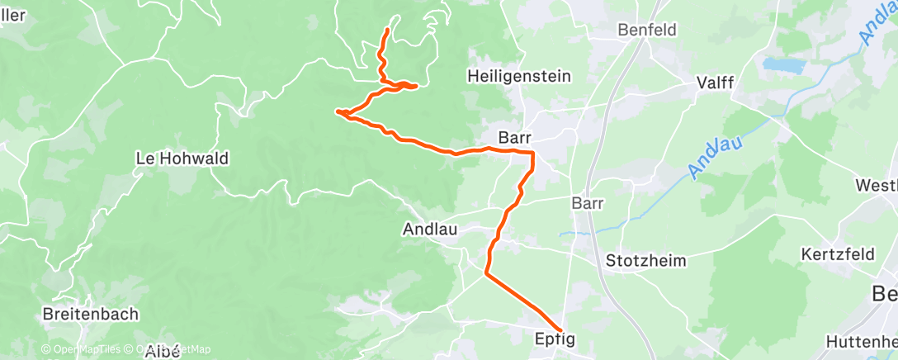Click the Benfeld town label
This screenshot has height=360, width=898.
coord(648,30)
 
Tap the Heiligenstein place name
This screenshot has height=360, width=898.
coord(519,76)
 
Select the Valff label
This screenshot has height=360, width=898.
coord(716,82)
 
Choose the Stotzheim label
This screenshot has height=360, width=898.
coord(645,260)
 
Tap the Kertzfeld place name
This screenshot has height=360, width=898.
coord(837,254)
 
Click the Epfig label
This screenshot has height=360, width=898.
coord(554,339)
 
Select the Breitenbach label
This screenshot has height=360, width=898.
coord(91,315)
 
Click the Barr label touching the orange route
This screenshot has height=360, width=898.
coord(515,137)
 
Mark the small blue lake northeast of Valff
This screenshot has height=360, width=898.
coord(781,64)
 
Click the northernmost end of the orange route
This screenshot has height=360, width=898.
coord(387,31)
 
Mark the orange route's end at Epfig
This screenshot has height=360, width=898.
coord(561,331)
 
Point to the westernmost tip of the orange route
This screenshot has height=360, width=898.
coord(338,111)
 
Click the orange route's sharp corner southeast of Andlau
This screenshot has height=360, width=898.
coord(486,273)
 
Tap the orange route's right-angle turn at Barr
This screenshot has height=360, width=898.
coord(532,154)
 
